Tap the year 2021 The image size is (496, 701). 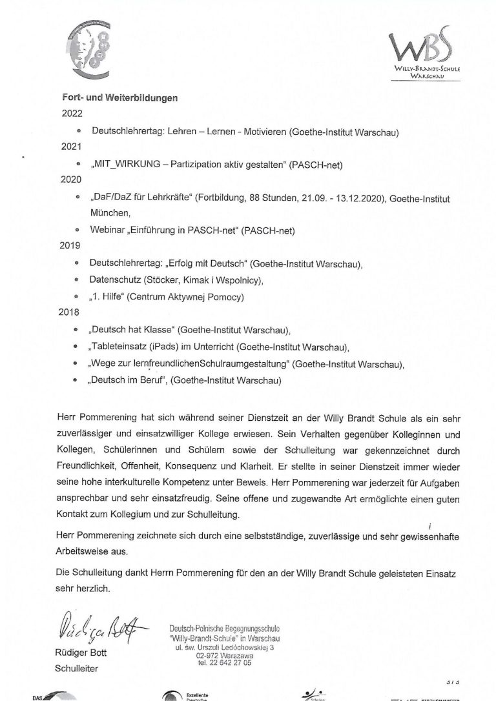coord(72,148)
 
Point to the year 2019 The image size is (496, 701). coord(72,247)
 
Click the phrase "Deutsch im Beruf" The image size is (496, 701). coord(129,380)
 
